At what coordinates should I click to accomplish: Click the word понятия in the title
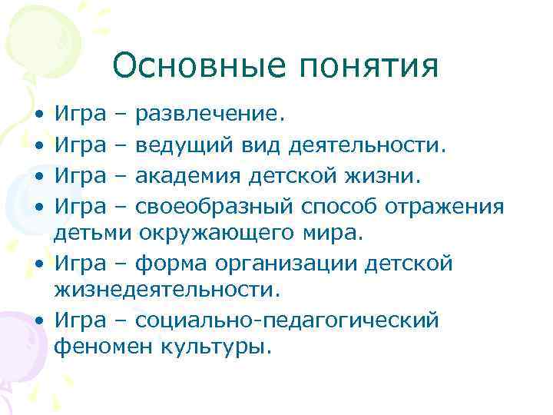[x=369, y=68]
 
